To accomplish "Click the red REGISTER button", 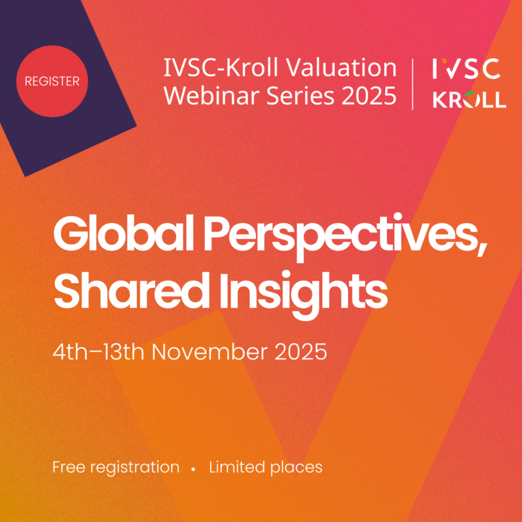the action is (52, 81).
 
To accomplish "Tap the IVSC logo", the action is (466, 69).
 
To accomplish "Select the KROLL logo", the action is (469, 99).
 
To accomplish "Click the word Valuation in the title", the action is (341, 68).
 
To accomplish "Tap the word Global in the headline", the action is (123, 233).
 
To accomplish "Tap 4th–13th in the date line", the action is (99, 352).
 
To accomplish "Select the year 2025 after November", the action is (301, 352).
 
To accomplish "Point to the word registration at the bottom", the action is (135, 468).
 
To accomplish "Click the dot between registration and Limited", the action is (193, 469).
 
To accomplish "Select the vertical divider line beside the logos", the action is (413, 84).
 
